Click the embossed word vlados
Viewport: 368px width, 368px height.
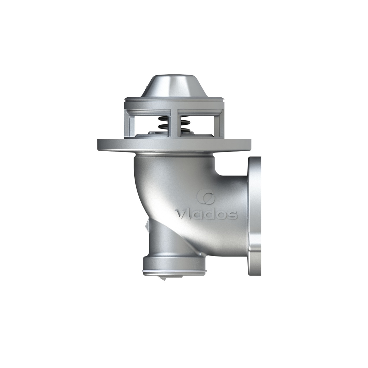(x=206, y=214)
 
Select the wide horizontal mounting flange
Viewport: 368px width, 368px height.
(x=174, y=145)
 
